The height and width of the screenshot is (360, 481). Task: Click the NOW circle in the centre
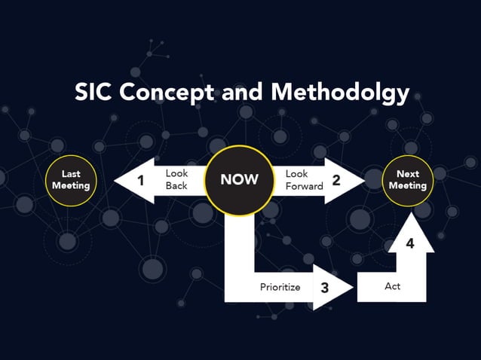pyautogui.click(x=239, y=179)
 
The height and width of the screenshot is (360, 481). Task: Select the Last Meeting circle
pyautogui.click(x=70, y=180)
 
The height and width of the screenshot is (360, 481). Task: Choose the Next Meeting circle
pyautogui.click(x=407, y=180)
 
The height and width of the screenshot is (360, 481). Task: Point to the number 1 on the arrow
pyautogui.click(x=140, y=180)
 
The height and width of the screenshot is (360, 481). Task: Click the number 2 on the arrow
pyautogui.click(x=336, y=180)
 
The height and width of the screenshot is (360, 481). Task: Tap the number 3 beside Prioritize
pyautogui.click(x=325, y=287)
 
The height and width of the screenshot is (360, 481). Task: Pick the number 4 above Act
pyautogui.click(x=410, y=243)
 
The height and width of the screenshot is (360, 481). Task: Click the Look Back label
pyautogui.click(x=176, y=179)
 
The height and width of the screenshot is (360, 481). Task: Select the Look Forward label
pyautogui.click(x=304, y=179)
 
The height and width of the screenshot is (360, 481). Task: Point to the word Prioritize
pyautogui.click(x=280, y=287)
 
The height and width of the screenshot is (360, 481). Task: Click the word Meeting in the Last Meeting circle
pyautogui.click(x=70, y=186)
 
